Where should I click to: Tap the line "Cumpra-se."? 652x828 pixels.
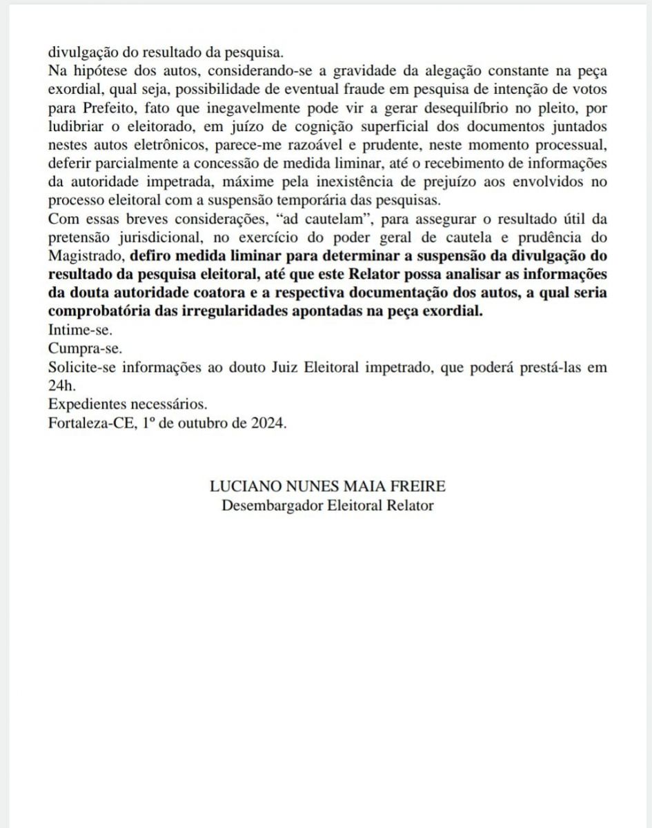point(81,349)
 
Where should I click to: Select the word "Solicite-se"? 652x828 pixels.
point(82,367)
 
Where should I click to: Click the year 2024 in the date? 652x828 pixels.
point(269,424)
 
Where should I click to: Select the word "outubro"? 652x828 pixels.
point(206,424)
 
